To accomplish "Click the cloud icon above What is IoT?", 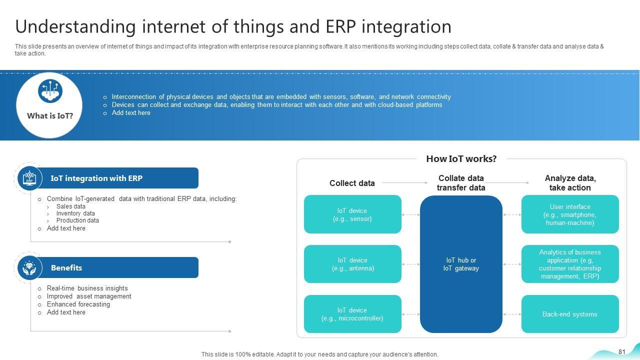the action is click(50, 91).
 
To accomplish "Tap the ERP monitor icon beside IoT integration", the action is click(29, 178).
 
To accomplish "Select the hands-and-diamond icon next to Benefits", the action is click(29, 267).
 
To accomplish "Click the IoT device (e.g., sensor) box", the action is click(352, 214).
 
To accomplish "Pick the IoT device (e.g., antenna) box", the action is click(352, 264).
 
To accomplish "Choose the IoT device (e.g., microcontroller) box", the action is click(352, 314).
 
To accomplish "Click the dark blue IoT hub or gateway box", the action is click(461, 264).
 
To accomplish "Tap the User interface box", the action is click(570, 214).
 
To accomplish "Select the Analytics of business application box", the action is click(570, 264).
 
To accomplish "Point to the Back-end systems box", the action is click(570, 314).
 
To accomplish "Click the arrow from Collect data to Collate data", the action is click(405, 182).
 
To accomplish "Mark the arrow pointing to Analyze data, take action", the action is click(506, 182).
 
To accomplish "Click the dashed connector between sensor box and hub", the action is click(410, 214).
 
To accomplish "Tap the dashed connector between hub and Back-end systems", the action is click(511, 314).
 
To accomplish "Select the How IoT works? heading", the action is click(461, 159).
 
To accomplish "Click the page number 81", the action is click(621, 351).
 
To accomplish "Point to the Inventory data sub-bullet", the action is click(75, 213).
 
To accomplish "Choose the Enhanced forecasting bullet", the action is click(78, 304).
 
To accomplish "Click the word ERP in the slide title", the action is click(340, 26).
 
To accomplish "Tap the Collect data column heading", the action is click(352, 183).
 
